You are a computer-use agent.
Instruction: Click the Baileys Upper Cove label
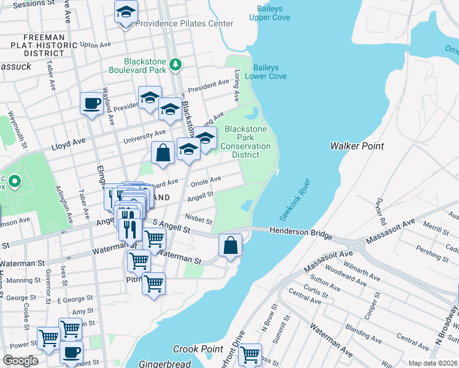pyautogui.click(x=269, y=12)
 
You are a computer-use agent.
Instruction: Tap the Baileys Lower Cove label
pyautogui.click(x=266, y=72)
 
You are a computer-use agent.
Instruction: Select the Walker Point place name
pyautogui.click(x=357, y=146)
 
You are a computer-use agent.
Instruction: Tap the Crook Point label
pyautogui.click(x=198, y=348)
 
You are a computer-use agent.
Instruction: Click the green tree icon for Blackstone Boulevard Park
pyautogui.click(x=175, y=64)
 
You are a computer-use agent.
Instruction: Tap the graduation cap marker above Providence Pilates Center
pyautogui.click(x=126, y=12)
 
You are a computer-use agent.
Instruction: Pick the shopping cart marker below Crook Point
pyautogui.click(x=249, y=355)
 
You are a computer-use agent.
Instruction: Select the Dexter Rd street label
pyautogui.click(x=382, y=211)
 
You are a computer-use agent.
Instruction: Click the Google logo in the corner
pyautogui.click(x=21, y=361)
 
